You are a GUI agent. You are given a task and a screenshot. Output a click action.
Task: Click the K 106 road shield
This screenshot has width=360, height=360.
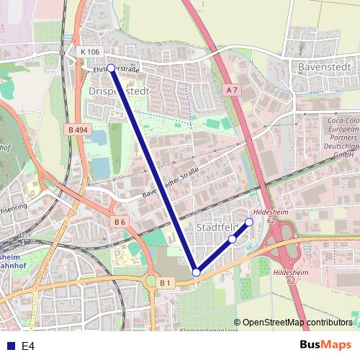pos(91,52)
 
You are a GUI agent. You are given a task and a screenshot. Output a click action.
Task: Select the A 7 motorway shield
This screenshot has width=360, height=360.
pos(231,90)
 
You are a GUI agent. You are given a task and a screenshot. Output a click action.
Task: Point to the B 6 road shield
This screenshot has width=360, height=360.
pos(120,222)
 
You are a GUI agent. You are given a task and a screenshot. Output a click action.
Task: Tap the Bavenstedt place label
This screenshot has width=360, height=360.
pos(324,66)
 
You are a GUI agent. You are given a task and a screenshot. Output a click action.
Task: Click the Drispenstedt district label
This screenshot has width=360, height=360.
pos(118,92)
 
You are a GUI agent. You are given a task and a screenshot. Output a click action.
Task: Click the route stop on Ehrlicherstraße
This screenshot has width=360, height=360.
pos(111,68)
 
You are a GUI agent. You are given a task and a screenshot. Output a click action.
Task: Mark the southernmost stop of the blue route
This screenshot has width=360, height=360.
pos(196,272)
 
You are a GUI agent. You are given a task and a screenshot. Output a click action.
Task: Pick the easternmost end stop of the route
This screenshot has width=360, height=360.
pos(249,222)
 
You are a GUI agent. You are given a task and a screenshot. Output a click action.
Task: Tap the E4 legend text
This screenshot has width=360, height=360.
pos(28,346)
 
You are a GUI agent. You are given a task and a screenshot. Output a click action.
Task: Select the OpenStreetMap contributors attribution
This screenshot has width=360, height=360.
pos(297,323)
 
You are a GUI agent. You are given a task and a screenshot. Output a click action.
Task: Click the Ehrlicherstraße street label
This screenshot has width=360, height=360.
pos(116,70)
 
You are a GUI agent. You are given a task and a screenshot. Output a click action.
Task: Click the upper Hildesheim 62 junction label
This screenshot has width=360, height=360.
pos(271,217)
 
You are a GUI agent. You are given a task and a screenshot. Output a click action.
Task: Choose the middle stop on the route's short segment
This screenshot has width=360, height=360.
pos(232,239)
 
